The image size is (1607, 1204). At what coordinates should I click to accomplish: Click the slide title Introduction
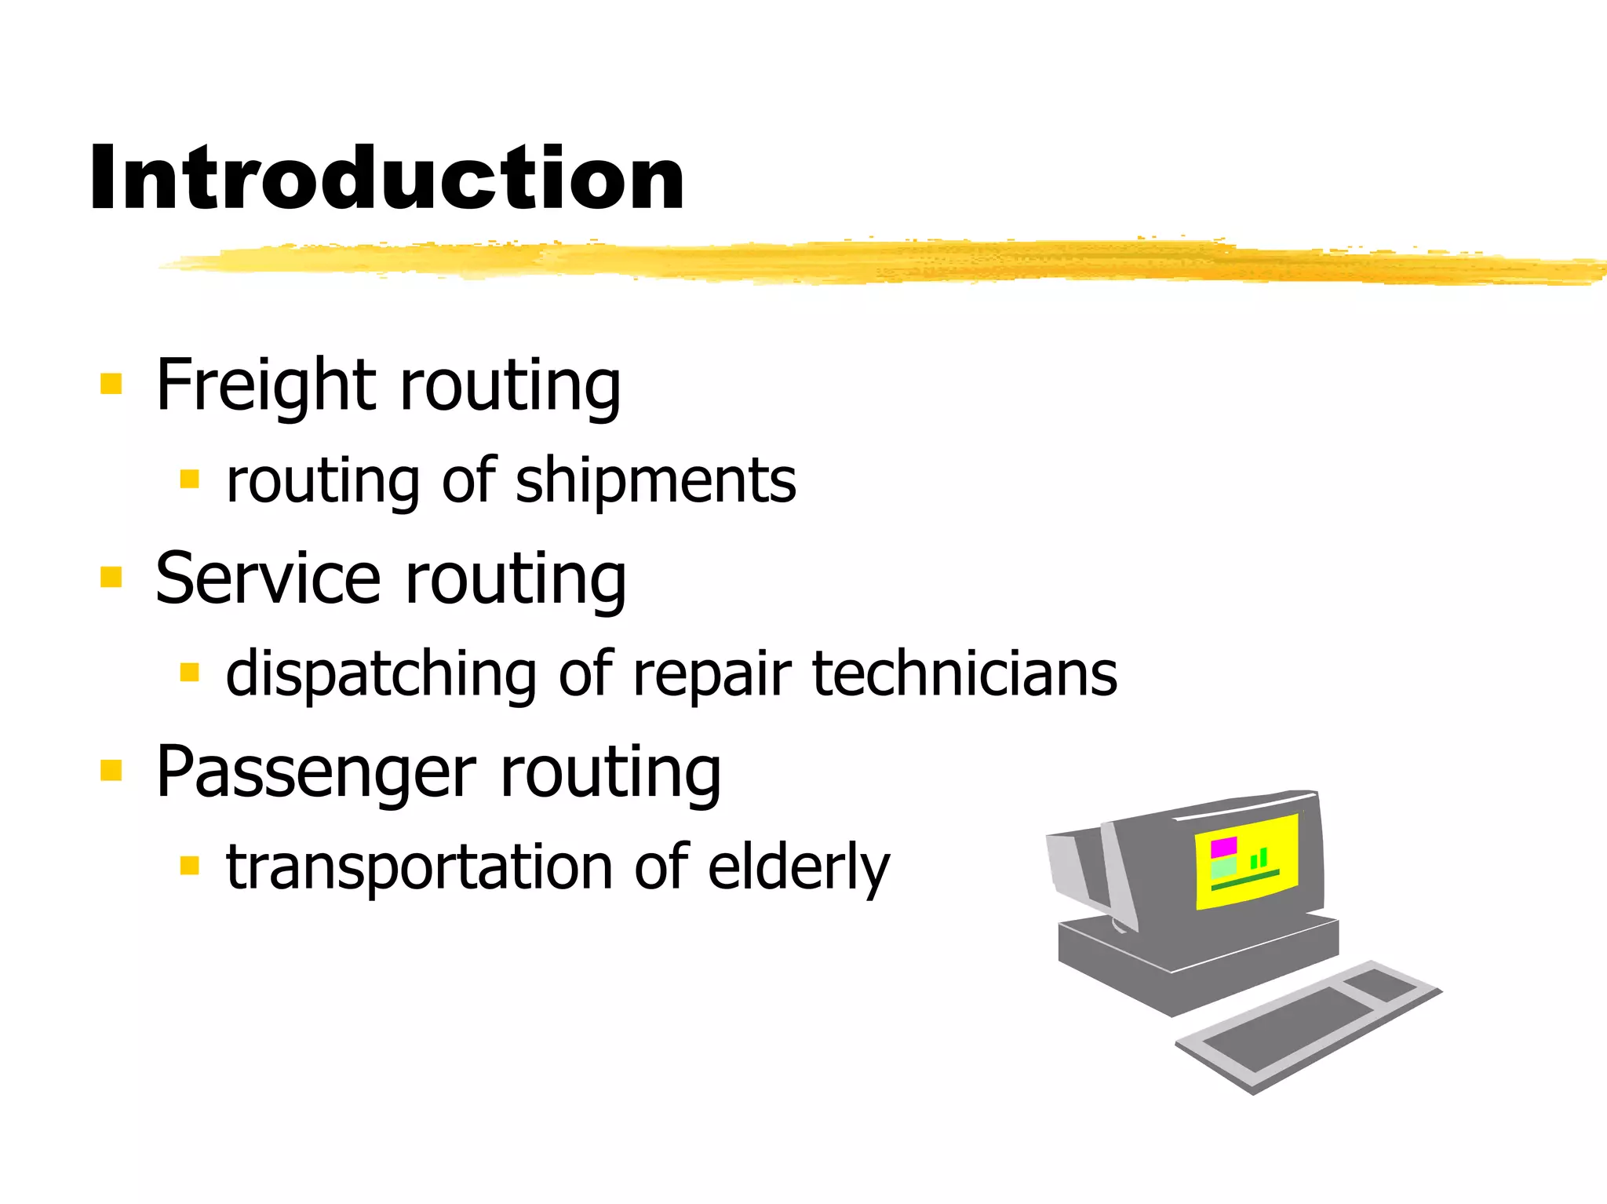387,179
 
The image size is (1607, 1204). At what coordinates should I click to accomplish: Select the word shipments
656,480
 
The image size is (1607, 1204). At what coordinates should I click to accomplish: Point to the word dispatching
380,674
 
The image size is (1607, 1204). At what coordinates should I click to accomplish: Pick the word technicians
964,674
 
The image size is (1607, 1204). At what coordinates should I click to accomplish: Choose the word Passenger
315,772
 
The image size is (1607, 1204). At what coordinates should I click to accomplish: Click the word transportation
419,867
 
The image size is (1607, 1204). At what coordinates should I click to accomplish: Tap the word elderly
798,867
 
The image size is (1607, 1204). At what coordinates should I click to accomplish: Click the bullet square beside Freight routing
111,384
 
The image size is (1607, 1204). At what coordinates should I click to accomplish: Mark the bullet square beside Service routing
111,577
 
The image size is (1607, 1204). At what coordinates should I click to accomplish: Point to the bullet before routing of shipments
189,479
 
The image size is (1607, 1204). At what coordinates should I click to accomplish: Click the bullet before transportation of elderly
189,866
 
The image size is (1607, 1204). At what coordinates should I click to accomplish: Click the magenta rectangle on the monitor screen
1223,847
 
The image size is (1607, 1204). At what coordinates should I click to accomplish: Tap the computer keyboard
1306,1024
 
